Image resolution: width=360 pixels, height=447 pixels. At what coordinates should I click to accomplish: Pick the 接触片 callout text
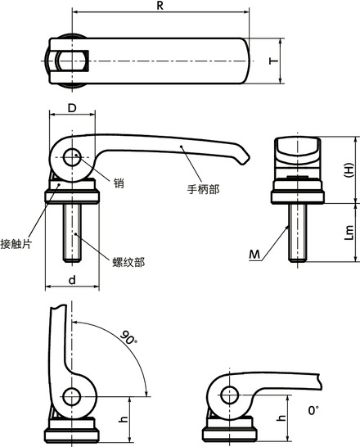16,243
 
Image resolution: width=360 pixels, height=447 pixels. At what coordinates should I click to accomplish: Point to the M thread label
255,256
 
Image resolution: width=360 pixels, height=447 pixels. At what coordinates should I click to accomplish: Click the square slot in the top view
70,61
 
